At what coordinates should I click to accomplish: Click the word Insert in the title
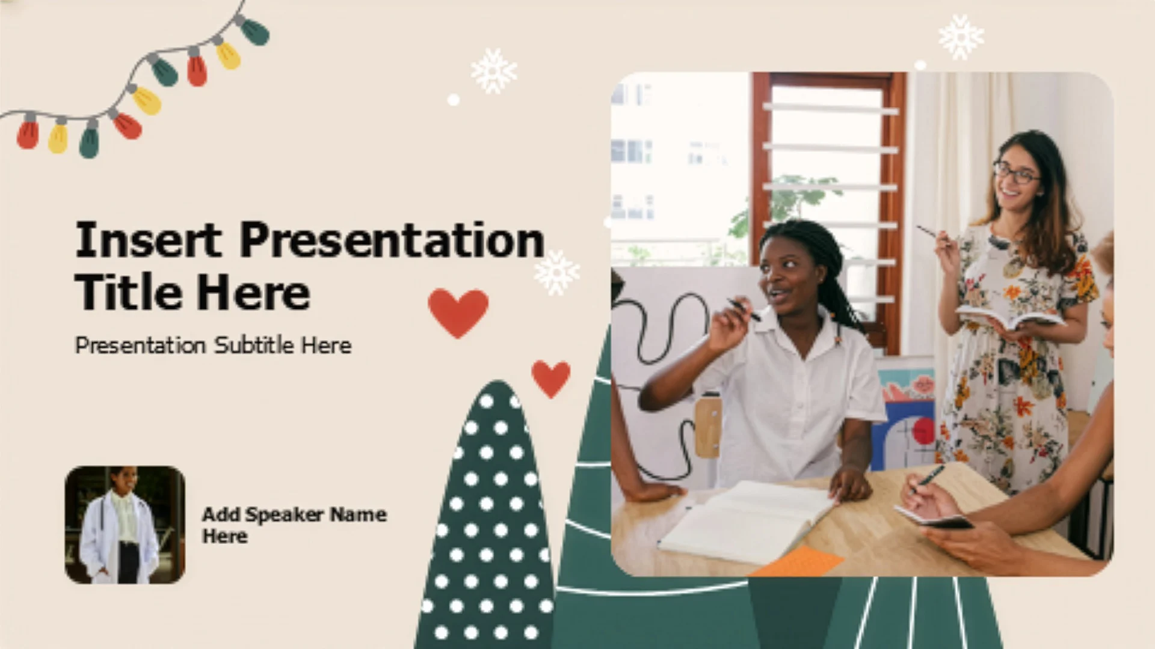pos(148,239)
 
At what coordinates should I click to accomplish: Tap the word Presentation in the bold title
pos(392,239)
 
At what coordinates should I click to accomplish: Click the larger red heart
pos(458,311)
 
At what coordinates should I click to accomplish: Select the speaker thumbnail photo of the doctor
pos(125,525)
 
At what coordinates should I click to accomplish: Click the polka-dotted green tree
pos(486,517)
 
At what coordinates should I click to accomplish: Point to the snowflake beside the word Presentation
pos(556,273)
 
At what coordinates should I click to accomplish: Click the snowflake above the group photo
pos(961,37)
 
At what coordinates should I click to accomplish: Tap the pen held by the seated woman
pos(744,309)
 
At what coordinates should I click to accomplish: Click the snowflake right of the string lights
pos(493,71)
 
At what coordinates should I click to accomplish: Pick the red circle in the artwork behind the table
pos(923,431)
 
